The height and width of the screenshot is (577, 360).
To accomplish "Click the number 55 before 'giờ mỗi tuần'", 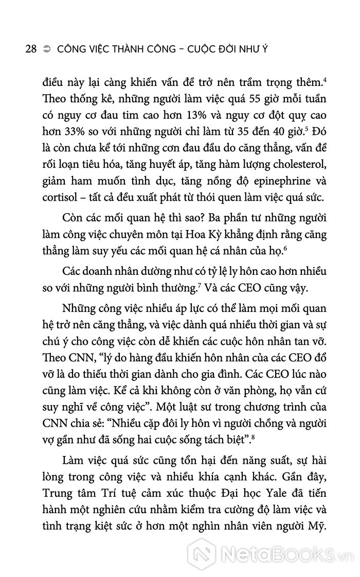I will [x=242, y=97].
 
